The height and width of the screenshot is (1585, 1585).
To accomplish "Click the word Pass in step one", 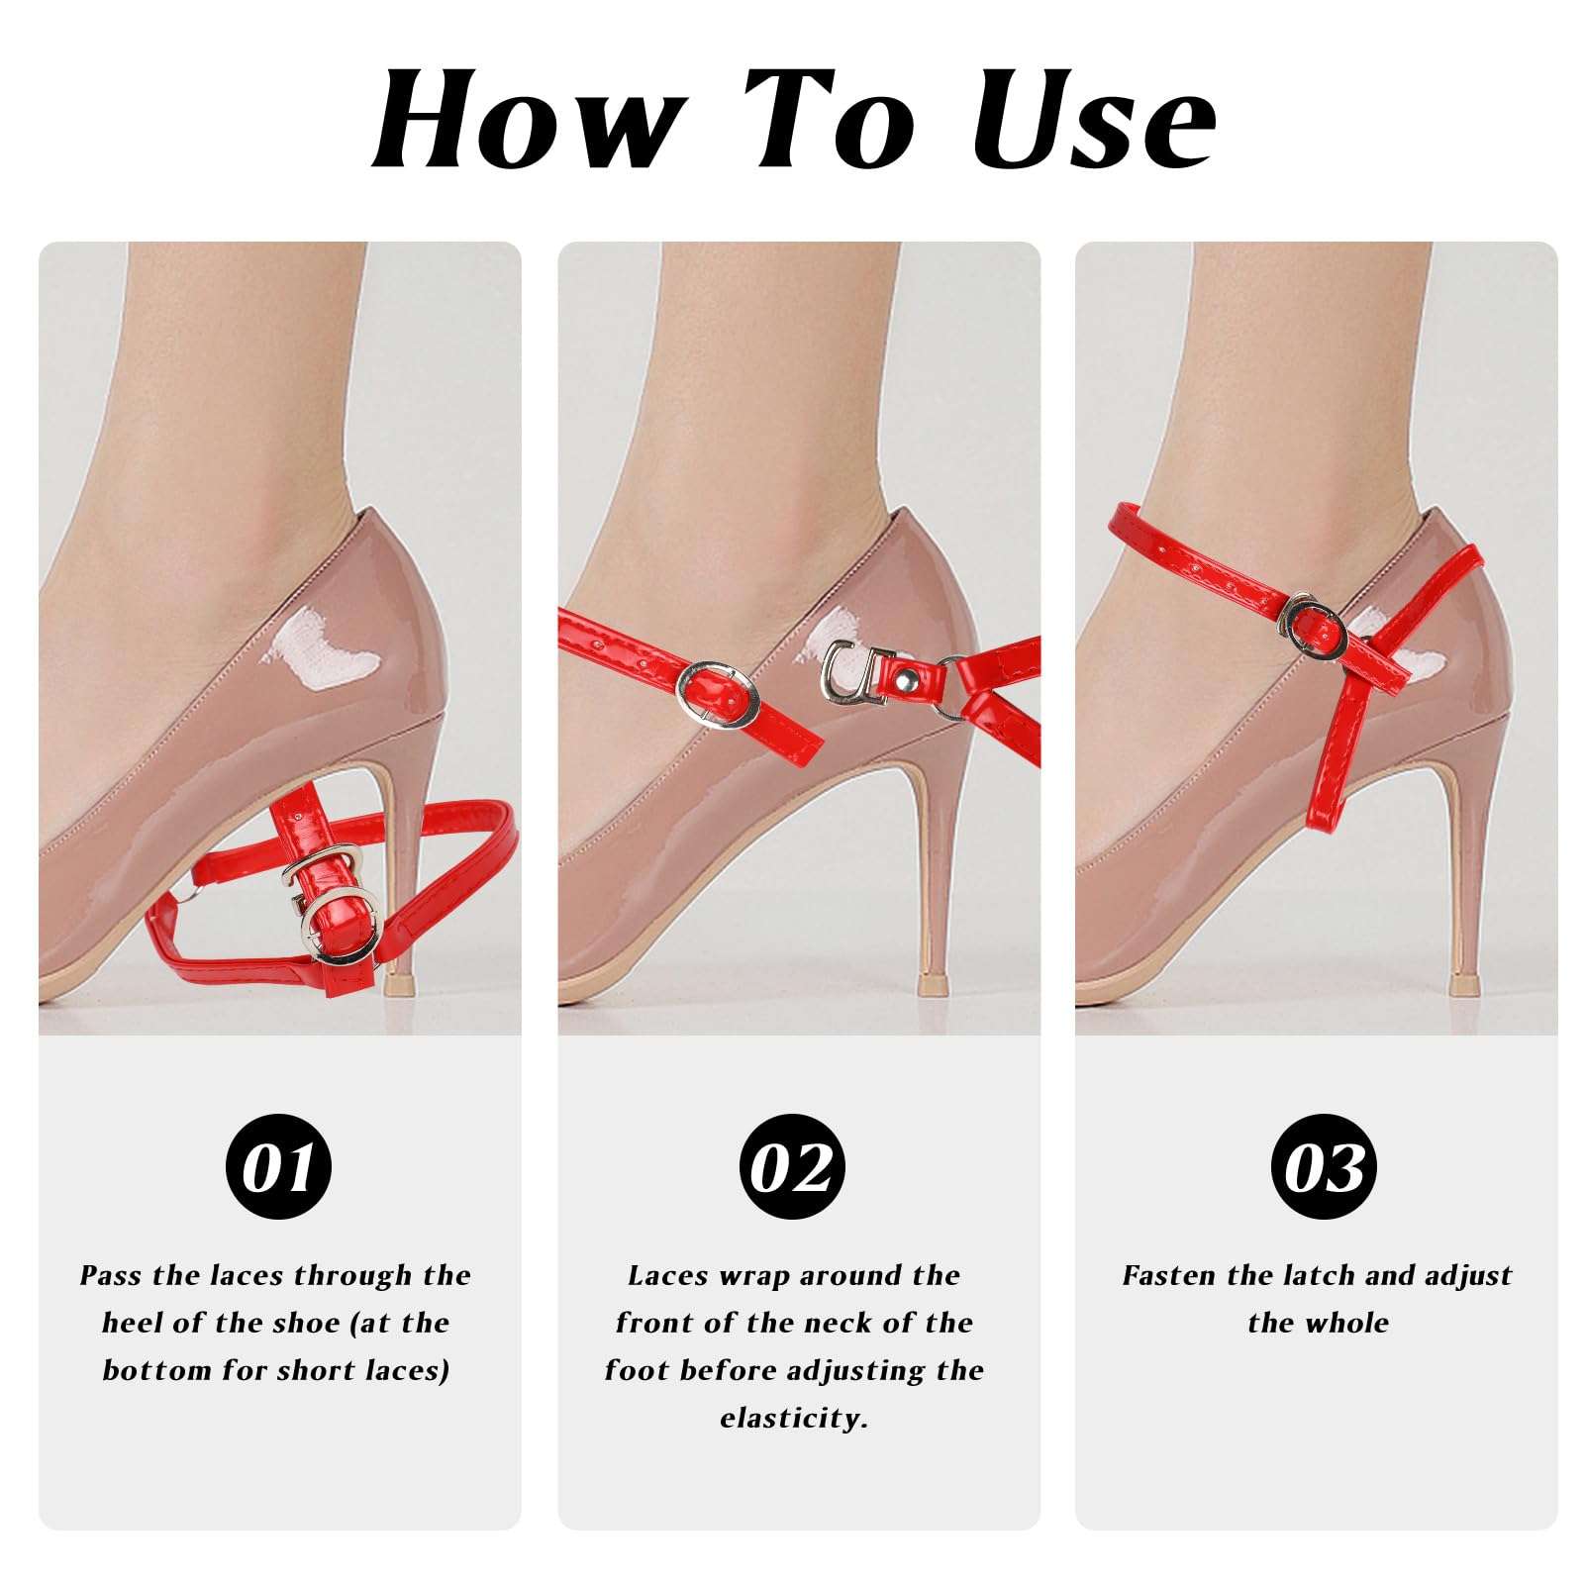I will pyautogui.click(x=111, y=1275).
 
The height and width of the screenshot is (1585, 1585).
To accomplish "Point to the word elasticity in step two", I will pyautogui.click(x=792, y=1418).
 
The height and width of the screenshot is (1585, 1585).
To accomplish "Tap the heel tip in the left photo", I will pyautogui.click(x=398, y=984).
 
